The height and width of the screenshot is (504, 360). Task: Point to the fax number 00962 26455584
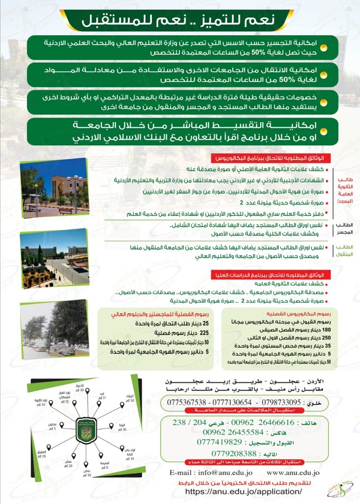tap(230, 432)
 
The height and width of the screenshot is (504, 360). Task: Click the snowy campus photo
tap(54, 330)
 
